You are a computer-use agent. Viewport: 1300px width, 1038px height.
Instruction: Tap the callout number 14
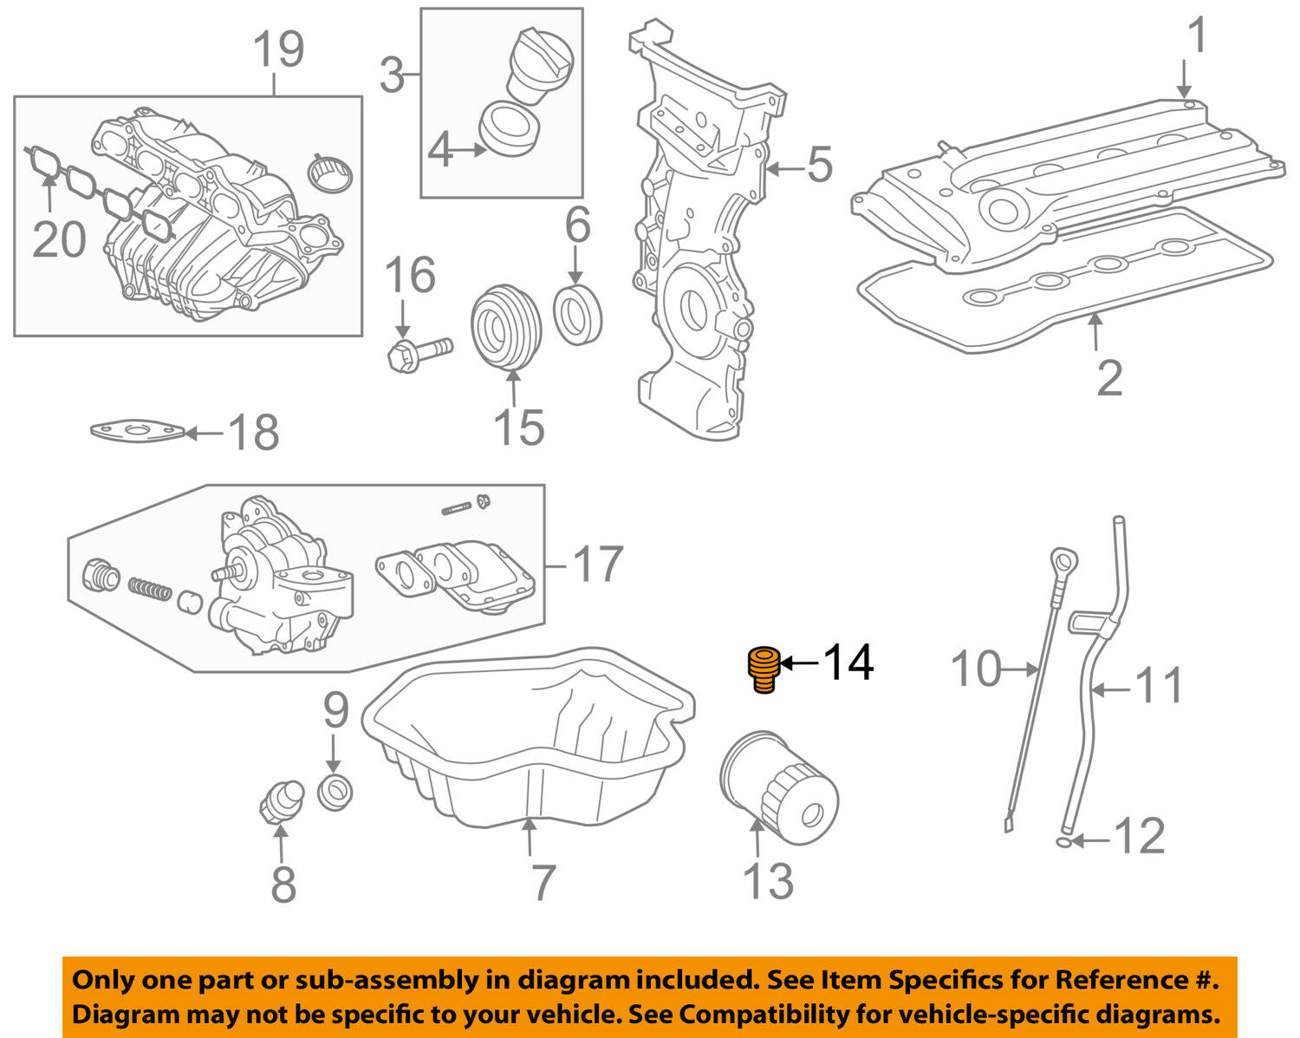[848, 663]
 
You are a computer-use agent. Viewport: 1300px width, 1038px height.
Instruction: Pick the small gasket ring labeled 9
[335, 792]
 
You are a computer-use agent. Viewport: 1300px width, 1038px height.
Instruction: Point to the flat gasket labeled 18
[137, 431]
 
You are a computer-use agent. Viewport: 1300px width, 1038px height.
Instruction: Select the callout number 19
[278, 49]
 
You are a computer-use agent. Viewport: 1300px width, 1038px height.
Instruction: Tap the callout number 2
[1109, 378]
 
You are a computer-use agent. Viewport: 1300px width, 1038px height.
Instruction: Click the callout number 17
[597, 564]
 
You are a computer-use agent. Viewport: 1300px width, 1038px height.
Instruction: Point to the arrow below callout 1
[1184, 81]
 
